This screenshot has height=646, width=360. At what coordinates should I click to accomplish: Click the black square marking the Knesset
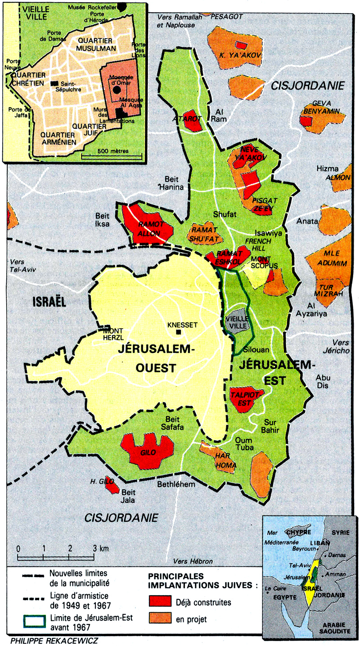tap(179, 332)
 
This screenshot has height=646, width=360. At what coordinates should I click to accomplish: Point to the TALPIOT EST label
tap(240, 399)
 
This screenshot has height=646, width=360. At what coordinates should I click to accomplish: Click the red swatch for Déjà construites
tap(160, 602)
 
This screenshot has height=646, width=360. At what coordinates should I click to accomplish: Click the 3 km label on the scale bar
tap(99, 549)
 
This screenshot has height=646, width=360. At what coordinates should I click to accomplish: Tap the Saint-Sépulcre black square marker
tap(54, 84)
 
